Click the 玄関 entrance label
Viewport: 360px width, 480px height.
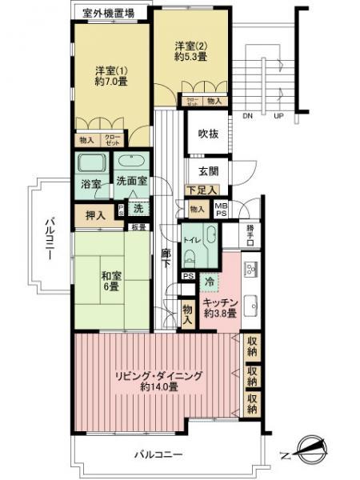(x=198, y=170)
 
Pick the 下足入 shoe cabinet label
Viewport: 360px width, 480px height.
(x=197, y=190)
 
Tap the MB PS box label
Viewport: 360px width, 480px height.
(x=221, y=209)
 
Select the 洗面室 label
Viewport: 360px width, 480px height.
(x=130, y=182)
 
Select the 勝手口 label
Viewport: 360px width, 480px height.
(x=230, y=235)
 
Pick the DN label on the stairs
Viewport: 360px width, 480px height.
(x=247, y=115)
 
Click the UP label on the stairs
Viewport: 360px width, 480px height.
(x=278, y=115)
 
